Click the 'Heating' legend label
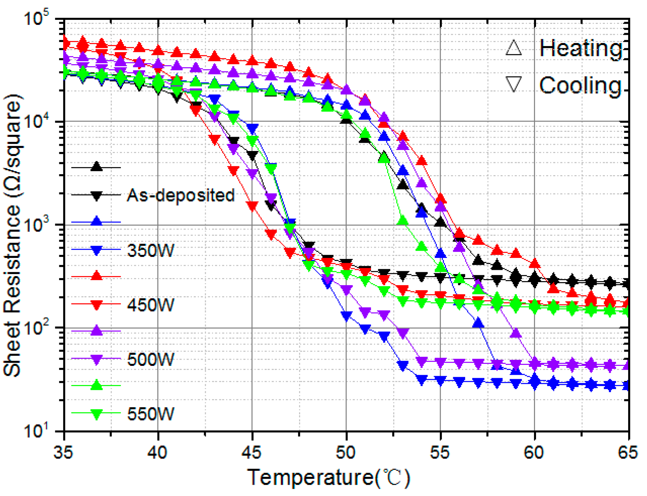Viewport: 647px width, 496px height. [x=580, y=49]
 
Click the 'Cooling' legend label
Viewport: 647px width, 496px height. [x=580, y=85]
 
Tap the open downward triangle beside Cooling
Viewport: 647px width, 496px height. [x=514, y=84]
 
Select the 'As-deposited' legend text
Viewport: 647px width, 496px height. [x=181, y=195]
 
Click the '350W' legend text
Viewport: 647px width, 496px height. [x=150, y=250]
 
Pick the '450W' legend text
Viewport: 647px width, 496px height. [x=150, y=305]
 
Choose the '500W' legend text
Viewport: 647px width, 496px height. [x=150, y=360]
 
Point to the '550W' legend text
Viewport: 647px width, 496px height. [x=150, y=414]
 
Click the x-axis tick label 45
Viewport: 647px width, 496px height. [x=252, y=452]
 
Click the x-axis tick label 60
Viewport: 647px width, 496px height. [x=534, y=452]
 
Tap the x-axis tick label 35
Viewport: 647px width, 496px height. [x=63, y=452]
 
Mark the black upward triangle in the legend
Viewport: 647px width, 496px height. [x=96, y=167]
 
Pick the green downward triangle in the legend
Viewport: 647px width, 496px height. [x=96, y=414]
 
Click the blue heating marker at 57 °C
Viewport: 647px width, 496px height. [x=478, y=323]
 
